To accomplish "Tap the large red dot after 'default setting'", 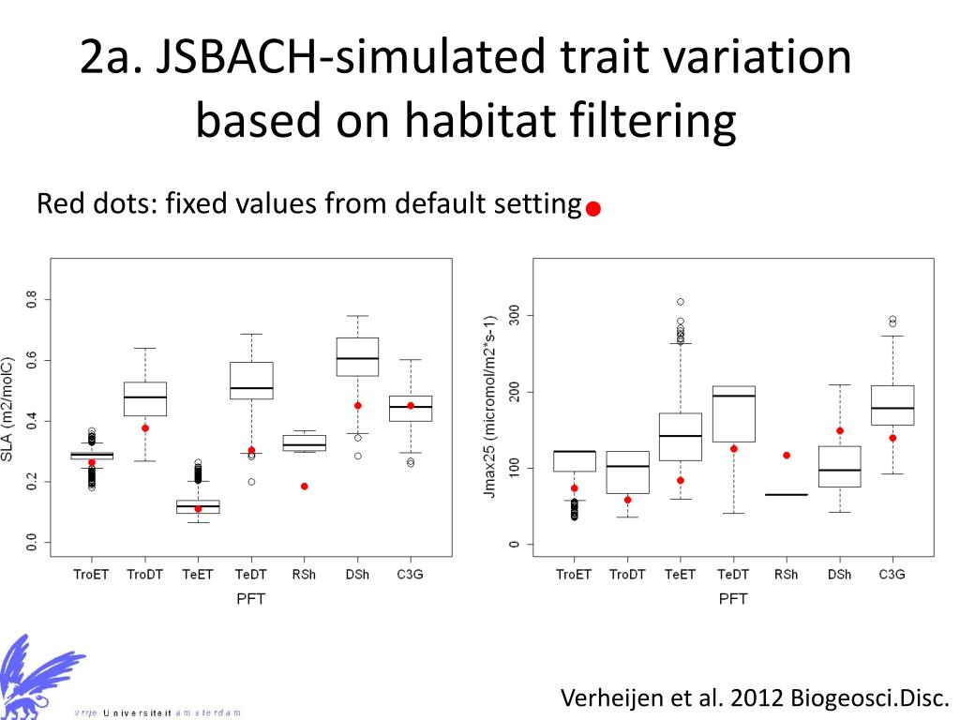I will tap(592, 210).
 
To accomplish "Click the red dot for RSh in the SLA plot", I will tap(305, 486).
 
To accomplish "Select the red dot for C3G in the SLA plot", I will tap(410, 406).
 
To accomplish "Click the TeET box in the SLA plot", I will tap(198, 506).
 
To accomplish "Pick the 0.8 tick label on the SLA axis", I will tap(32, 300).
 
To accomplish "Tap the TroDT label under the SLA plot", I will tap(145, 574).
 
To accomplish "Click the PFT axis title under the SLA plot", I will tap(249, 598).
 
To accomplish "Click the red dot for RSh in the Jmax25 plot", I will tap(787, 456).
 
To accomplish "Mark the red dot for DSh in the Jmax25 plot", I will tap(840, 431).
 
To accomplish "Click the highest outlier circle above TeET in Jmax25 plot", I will tap(681, 302).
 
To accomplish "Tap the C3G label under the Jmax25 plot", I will tap(892, 574).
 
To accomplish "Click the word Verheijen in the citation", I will tap(613, 698).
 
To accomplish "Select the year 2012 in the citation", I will tap(757, 698).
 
